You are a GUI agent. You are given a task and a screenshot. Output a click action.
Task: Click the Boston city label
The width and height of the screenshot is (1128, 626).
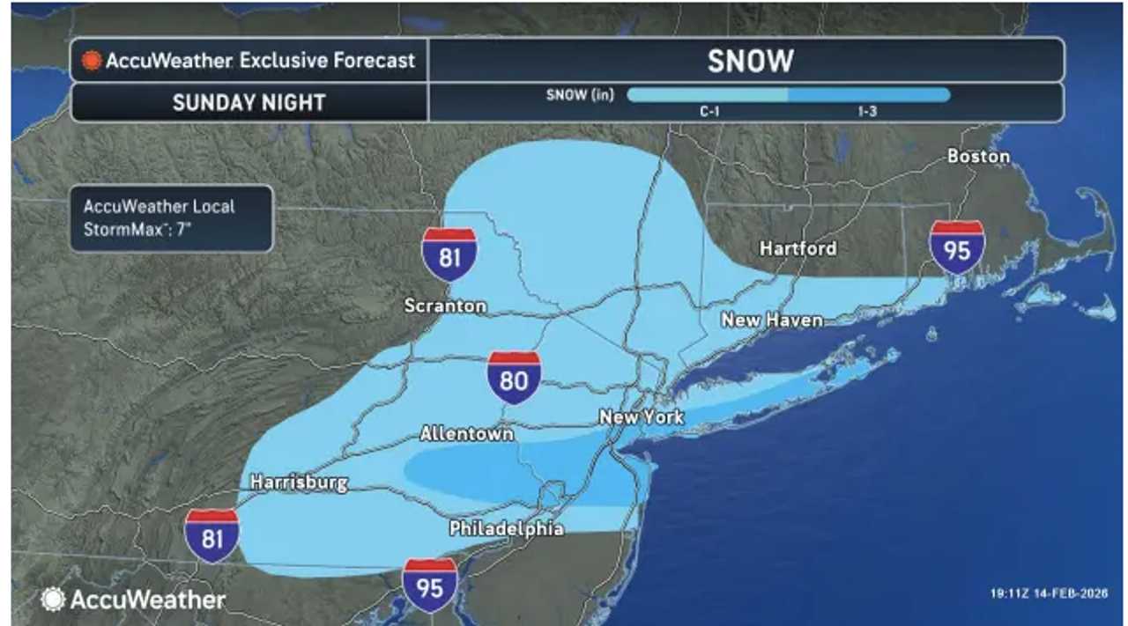pyautogui.click(x=977, y=157)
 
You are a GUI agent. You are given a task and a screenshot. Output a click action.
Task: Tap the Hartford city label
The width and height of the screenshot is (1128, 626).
pyautogui.click(x=798, y=248)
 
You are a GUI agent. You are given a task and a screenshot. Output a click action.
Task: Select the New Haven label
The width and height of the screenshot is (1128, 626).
pyautogui.click(x=772, y=320)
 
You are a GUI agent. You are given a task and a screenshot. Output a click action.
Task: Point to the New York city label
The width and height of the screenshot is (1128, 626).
pyautogui.click(x=641, y=416)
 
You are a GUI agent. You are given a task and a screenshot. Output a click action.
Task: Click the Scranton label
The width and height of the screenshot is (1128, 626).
pyautogui.click(x=445, y=306)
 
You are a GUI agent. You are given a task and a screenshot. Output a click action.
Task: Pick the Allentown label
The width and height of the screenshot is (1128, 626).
pyautogui.click(x=466, y=433)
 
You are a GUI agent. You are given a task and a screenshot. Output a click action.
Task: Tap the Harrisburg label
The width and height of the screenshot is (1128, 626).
pyautogui.click(x=299, y=482)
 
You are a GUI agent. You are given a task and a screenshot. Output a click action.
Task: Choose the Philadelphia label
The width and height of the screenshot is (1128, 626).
pyautogui.click(x=506, y=528)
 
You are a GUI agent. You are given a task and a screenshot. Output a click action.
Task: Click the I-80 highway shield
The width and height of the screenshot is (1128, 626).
pyautogui.click(x=515, y=378)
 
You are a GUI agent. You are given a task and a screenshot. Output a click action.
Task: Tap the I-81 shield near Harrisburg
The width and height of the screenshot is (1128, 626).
pyautogui.click(x=211, y=535)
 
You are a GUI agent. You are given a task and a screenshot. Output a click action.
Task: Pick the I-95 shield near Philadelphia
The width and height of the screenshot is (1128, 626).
pyautogui.click(x=429, y=585)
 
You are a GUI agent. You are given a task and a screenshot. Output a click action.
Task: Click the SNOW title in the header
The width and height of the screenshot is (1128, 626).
pyautogui.click(x=750, y=61)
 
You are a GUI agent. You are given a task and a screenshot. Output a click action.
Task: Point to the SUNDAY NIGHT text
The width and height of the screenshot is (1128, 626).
pyautogui.click(x=249, y=102)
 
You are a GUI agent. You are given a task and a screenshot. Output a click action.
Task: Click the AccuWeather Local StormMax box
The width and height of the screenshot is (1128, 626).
pyautogui.click(x=171, y=218)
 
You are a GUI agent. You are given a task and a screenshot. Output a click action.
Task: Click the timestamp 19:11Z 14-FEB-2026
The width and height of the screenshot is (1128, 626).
pyautogui.click(x=1048, y=593)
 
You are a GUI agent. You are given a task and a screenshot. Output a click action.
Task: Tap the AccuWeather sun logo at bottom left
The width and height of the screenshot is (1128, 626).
pyautogui.click(x=54, y=600)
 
